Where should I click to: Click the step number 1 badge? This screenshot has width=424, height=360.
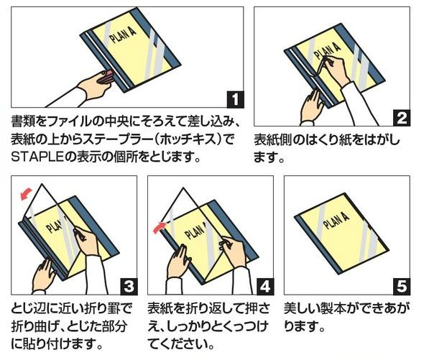coord(235,100)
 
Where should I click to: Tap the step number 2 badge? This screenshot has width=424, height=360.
coord(402,118)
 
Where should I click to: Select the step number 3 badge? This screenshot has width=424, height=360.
coord(129,287)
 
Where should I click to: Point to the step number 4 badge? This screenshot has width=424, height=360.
coord(266,287)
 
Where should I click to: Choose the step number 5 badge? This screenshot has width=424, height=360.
coord(402,287)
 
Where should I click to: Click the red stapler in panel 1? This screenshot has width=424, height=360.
coord(106,77)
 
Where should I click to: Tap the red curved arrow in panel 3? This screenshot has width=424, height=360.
coord(26,194)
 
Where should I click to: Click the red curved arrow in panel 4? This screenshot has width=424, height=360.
coord(160,228)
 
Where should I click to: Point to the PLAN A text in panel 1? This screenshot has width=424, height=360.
coord(122,35)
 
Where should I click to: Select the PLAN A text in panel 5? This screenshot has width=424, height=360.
coord(336,220)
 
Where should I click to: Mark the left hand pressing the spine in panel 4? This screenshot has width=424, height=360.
coord(179,261)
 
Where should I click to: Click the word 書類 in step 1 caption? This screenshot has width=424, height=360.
coord(23,121)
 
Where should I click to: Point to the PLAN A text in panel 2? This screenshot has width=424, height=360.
coord(327,52)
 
